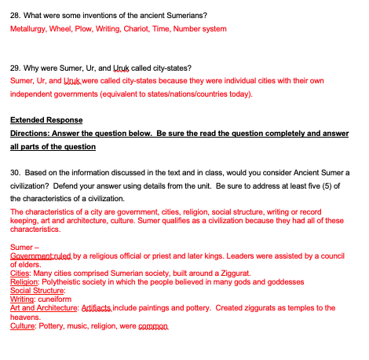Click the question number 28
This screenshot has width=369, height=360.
[x=15, y=15]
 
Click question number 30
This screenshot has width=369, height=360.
[x=15, y=171]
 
